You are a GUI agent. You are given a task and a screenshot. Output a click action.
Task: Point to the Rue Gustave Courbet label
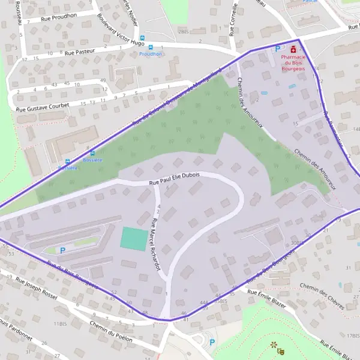(x=43, y=107)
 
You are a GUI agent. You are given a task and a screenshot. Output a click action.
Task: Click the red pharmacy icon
(x=293, y=49)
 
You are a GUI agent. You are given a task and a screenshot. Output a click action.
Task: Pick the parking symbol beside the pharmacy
(x=277, y=48)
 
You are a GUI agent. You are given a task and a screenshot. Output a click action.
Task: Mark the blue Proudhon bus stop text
(x=151, y=53)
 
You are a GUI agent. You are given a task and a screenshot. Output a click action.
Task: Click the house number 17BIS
(x=352, y=335)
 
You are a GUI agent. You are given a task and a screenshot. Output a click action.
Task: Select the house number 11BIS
(x=60, y=323)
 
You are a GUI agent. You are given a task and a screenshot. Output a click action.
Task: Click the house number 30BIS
(x=296, y=242)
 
